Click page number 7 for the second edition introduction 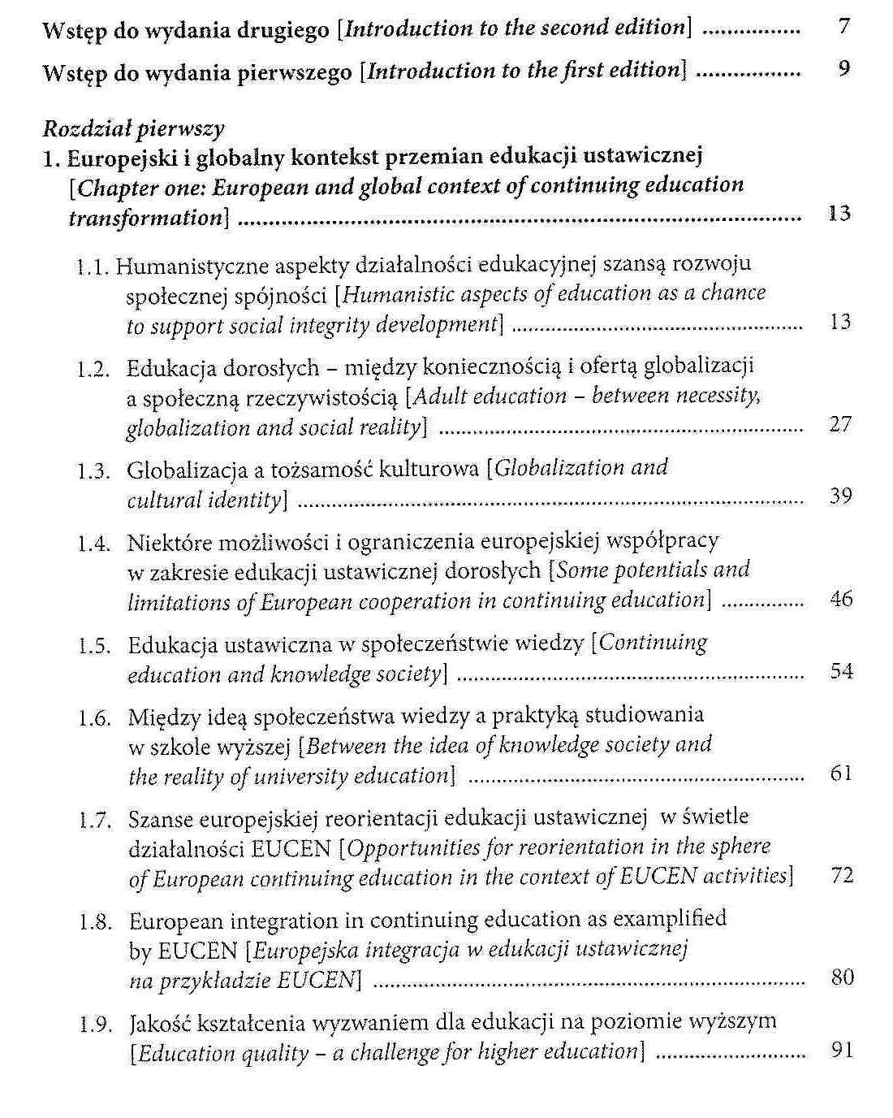tap(844, 27)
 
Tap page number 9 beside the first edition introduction tap(844, 68)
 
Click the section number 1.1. tap(93, 266)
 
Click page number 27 tap(840, 424)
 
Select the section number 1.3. tap(94, 471)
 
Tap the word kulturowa tap(438, 469)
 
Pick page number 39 tap(841, 496)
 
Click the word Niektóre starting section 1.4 tap(162, 542)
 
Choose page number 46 tap(841, 600)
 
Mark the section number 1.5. tap(94, 647)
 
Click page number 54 tap(841, 671)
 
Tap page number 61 tap(841, 773)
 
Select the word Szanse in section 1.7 tap(159, 818)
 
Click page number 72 tap(843, 875)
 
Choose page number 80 tap(843, 977)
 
